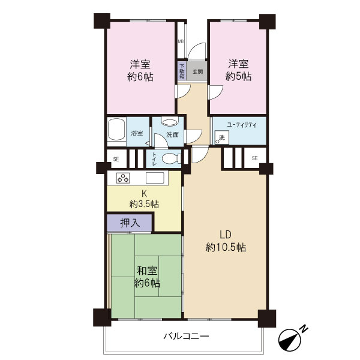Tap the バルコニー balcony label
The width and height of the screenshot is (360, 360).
point(186,337)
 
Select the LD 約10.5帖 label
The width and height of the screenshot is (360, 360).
point(226,241)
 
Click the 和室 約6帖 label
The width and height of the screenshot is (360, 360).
point(147,277)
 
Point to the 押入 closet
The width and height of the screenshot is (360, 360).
point(130,223)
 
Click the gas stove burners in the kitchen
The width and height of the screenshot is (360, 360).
point(123,178)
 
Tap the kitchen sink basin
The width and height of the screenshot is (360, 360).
point(155,178)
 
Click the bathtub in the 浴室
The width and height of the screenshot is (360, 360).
point(116,129)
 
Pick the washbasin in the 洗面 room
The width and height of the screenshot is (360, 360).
point(170,121)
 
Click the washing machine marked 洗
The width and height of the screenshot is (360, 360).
point(222,137)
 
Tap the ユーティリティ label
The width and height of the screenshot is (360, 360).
point(242,125)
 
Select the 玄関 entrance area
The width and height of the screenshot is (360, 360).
point(197,71)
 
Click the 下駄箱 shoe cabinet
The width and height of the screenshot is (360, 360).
point(182,71)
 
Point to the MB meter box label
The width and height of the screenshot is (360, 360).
point(181,41)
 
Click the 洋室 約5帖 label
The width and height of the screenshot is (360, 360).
point(238,70)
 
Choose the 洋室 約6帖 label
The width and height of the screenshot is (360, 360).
point(140,70)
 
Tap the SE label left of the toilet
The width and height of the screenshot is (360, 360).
point(116,159)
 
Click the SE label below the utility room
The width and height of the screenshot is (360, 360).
point(254,158)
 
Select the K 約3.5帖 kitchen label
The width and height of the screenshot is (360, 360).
point(144,199)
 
